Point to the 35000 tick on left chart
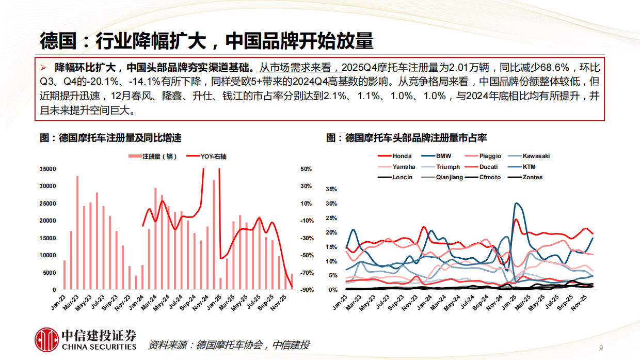(x=48, y=169)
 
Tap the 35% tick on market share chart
(x=331, y=190)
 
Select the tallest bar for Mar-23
(x=77, y=232)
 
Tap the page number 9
(x=601, y=347)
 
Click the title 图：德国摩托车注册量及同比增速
(x=110, y=138)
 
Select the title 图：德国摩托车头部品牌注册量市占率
(x=407, y=138)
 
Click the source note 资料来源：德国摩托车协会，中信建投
(x=228, y=345)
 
